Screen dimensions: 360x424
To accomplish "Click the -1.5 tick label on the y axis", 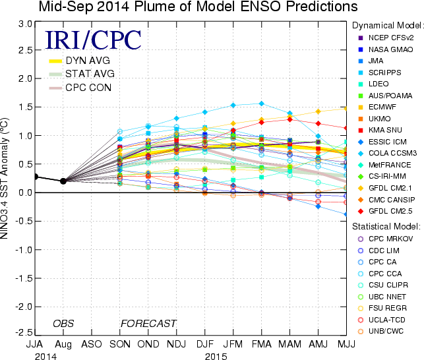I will (x=23, y=278).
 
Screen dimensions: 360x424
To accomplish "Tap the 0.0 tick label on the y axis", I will (x=25, y=193).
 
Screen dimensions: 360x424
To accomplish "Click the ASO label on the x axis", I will (x=91, y=344).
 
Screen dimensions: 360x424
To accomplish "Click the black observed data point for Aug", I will (x=63, y=181).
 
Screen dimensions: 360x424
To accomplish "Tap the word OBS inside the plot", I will (x=63, y=323).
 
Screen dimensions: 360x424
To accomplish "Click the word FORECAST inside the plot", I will (x=148, y=323).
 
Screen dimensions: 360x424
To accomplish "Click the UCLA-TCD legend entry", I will (x=388, y=319).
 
